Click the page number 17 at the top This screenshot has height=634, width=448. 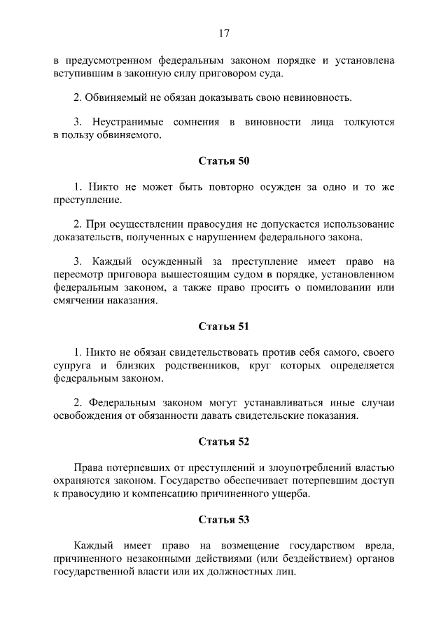tap(224, 33)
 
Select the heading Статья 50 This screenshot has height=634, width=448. tap(224, 161)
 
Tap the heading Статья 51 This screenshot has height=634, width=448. tap(224, 326)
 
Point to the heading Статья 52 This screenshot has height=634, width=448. tap(224, 441)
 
